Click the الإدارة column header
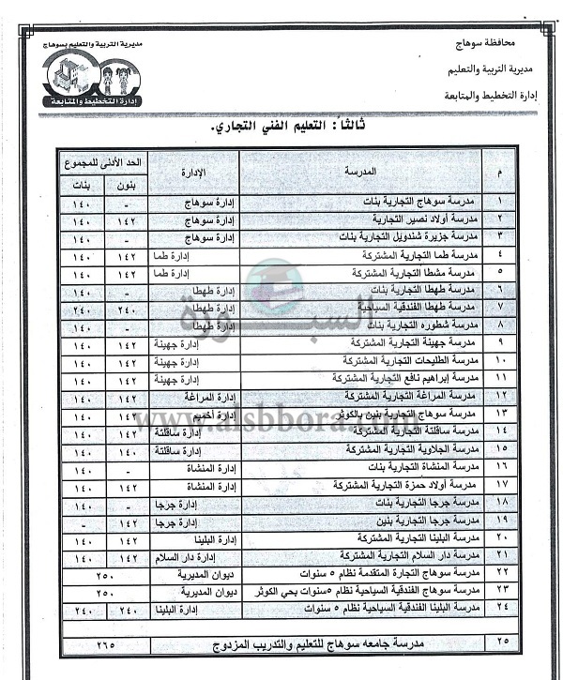point(192,172)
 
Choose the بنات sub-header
point(82,185)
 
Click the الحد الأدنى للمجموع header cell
point(103,160)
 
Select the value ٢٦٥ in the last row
point(103,646)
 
